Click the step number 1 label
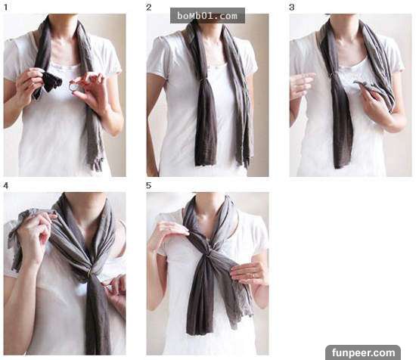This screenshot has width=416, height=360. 5,8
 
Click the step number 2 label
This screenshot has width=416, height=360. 148,8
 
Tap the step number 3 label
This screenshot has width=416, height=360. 292,8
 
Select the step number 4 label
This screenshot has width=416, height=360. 5,186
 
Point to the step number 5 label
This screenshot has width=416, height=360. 148,186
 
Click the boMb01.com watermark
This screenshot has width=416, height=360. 207,16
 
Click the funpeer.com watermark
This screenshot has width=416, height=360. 363,353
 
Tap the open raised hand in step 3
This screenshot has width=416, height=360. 302,85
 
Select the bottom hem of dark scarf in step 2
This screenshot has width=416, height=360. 206,163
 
